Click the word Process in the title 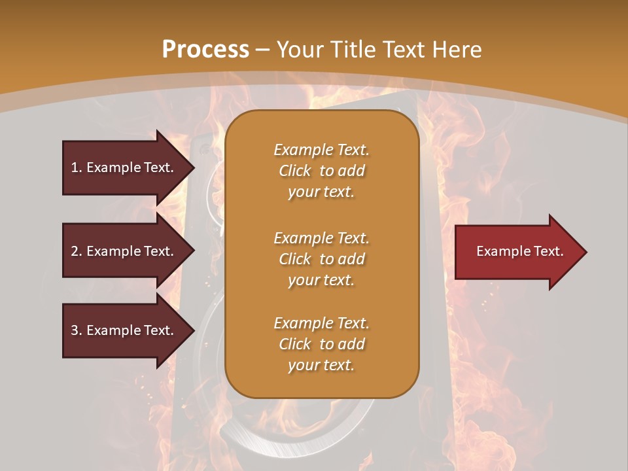205,50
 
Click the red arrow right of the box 517,252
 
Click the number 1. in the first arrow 77,167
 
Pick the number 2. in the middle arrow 77,251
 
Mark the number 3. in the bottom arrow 77,330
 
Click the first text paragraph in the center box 321,171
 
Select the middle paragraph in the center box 321,259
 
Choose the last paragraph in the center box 321,344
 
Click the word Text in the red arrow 548,251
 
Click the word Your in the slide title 300,50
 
